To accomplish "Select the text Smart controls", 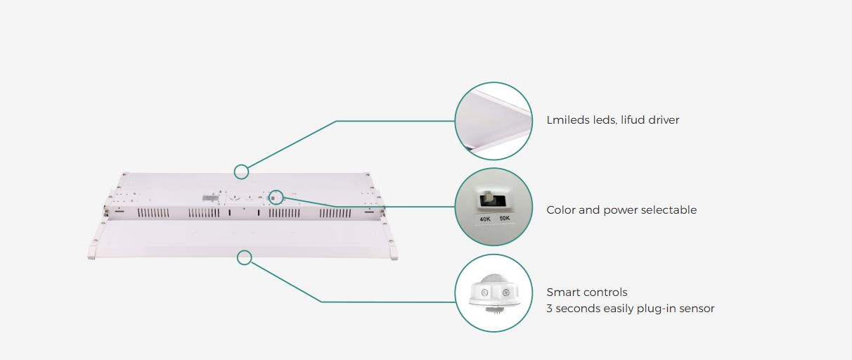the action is tap(587, 292).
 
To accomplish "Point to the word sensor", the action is tap(697, 309).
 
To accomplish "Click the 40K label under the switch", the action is tap(485, 219).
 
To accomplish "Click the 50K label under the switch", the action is tap(505, 218).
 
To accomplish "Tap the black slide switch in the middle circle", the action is tap(491, 200).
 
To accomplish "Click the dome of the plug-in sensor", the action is tap(493, 280).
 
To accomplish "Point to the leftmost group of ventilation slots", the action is tap(153, 213).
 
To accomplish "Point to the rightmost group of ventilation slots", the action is tap(335, 213).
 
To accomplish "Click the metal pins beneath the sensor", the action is tap(497, 312).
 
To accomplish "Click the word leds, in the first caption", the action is tap(602, 120).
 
